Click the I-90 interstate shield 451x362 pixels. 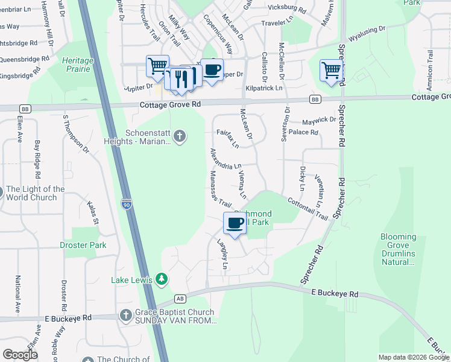tap(126, 205)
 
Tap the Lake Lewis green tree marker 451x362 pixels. tap(161, 279)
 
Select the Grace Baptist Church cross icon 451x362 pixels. tap(125, 315)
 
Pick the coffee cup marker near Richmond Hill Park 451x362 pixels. tap(235, 223)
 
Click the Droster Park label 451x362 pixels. tap(83, 245)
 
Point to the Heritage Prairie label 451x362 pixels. tap(78, 65)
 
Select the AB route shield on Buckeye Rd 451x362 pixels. tap(180, 298)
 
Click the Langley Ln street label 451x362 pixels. tap(222, 254)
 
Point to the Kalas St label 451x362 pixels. tap(93, 212)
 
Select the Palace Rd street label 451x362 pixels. tap(303, 132)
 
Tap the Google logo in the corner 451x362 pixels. tap(20, 355)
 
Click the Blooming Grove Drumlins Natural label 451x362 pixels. tap(403, 246)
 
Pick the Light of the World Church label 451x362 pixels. tap(35, 193)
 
